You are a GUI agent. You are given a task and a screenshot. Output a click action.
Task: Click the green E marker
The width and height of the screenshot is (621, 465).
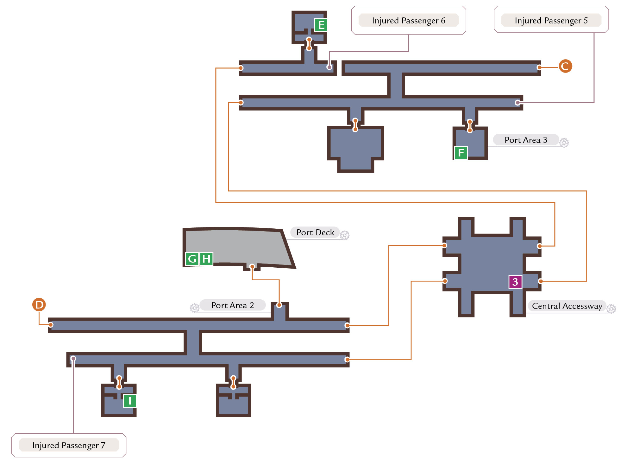coord(321,25)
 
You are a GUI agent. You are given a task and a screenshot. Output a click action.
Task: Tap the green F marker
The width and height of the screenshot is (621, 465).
coord(461,153)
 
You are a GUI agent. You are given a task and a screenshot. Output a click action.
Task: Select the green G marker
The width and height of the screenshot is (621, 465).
coord(192,259)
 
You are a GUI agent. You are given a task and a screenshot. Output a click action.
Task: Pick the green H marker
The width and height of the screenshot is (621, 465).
coord(206,259)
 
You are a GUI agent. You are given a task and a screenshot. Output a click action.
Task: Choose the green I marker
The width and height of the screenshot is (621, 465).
coord(130,401)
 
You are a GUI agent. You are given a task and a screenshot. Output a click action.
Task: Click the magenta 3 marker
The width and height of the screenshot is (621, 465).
coord(515,282)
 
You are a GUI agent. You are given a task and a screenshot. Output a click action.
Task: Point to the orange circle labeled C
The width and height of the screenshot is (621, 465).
coord(565,66)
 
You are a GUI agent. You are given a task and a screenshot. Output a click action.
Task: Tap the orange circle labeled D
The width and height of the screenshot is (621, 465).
coord(39,305)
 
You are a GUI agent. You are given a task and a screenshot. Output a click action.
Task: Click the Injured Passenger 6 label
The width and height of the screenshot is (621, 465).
coord(409,20)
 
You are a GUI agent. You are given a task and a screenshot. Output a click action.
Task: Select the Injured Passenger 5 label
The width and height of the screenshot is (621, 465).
coord(551,20)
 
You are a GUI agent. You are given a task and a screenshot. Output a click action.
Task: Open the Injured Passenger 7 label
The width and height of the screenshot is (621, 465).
coord(69,445)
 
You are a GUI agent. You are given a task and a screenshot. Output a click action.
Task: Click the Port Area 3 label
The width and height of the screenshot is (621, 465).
coord(526,140)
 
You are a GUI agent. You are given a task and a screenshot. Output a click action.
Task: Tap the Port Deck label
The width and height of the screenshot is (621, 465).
coord(315,232)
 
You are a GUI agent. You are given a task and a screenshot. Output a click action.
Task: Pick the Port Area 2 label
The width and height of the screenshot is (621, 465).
coord(233,305)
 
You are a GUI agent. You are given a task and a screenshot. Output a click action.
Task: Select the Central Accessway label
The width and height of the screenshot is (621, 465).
coord(567,306)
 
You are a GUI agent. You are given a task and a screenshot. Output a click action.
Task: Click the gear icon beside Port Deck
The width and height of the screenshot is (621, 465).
coord(345,235)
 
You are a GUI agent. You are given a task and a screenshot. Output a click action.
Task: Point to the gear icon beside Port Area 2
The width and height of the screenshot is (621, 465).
coord(195,308)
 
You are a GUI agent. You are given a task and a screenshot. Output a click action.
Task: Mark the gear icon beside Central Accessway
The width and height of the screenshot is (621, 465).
coord(611,309)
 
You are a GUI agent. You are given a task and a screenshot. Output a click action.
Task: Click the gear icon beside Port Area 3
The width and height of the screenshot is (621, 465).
coord(564,143)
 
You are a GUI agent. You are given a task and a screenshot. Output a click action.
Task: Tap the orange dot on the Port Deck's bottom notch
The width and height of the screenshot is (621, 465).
coord(252,266)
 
